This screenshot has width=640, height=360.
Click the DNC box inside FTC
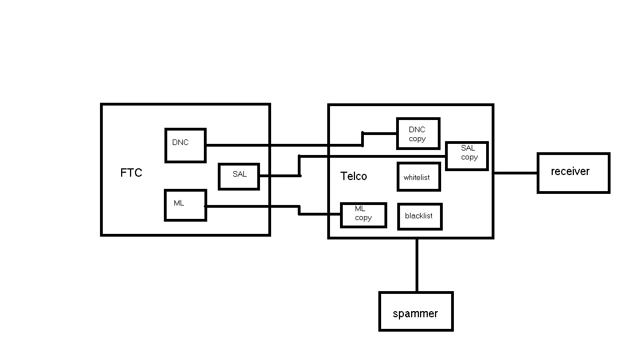click(186, 146)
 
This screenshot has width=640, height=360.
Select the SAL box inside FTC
click(239, 176)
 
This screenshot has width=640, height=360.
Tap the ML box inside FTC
click(186, 205)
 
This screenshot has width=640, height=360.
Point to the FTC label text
click(131, 173)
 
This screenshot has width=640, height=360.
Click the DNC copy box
click(418, 133)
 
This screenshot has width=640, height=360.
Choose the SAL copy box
click(467, 156)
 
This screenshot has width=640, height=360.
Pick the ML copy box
click(363, 215)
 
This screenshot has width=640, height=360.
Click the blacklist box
click(420, 216)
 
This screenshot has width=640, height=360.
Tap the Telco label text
click(353, 176)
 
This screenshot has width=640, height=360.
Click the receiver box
click(573, 173)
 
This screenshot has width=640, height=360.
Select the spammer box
click(416, 311)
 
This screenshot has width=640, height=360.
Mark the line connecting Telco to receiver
click(515, 173)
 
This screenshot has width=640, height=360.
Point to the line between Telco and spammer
click(417, 265)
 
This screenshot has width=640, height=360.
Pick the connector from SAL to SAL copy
click(372, 156)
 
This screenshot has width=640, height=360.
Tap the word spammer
click(416, 313)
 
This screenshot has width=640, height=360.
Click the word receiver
click(570, 171)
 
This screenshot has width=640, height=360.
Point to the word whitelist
click(417, 178)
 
